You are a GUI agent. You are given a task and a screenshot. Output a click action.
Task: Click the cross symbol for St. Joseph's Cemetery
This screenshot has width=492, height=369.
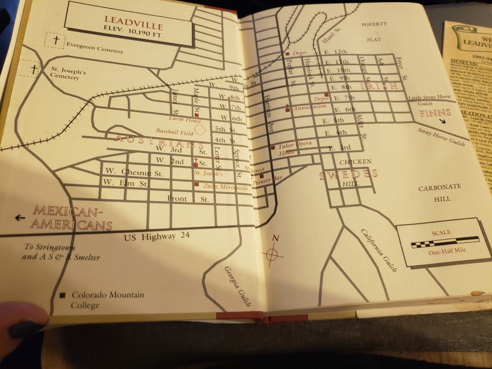[34, 68]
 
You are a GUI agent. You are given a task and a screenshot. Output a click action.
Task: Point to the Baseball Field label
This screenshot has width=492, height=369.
[173, 131]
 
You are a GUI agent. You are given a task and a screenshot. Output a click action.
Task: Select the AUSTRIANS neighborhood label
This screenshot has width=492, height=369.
[155, 141]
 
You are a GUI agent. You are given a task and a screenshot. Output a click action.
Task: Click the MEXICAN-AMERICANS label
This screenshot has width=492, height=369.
[72, 217]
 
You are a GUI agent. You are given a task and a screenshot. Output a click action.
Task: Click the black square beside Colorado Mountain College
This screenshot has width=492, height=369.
[63, 295]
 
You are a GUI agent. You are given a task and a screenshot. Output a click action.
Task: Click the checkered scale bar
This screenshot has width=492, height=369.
[445, 242]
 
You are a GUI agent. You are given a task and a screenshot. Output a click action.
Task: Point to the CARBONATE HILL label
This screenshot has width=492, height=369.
[440, 193]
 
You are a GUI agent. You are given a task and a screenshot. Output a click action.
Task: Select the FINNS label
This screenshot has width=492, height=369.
[435, 112]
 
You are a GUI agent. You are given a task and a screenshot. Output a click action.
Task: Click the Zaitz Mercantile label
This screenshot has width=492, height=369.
[225, 188]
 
